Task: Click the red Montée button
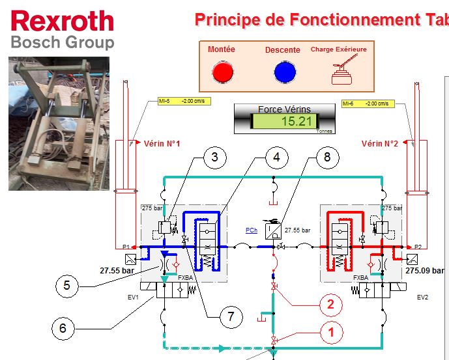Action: [222, 72]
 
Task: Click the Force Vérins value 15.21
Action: [293, 121]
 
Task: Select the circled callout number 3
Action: [216, 157]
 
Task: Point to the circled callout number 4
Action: [277, 157]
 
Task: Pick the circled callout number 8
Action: [327, 157]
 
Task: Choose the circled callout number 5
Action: [66, 285]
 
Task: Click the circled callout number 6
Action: [63, 327]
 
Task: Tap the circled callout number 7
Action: [229, 317]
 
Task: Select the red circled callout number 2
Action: [330, 303]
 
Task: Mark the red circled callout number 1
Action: [331, 333]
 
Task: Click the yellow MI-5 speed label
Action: [181, 102]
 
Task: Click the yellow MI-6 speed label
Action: [366, 103]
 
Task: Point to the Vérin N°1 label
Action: [162, 143]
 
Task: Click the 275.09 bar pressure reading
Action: [424, 270]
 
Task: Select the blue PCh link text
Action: [251, 230]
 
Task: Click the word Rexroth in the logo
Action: [63, 21]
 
